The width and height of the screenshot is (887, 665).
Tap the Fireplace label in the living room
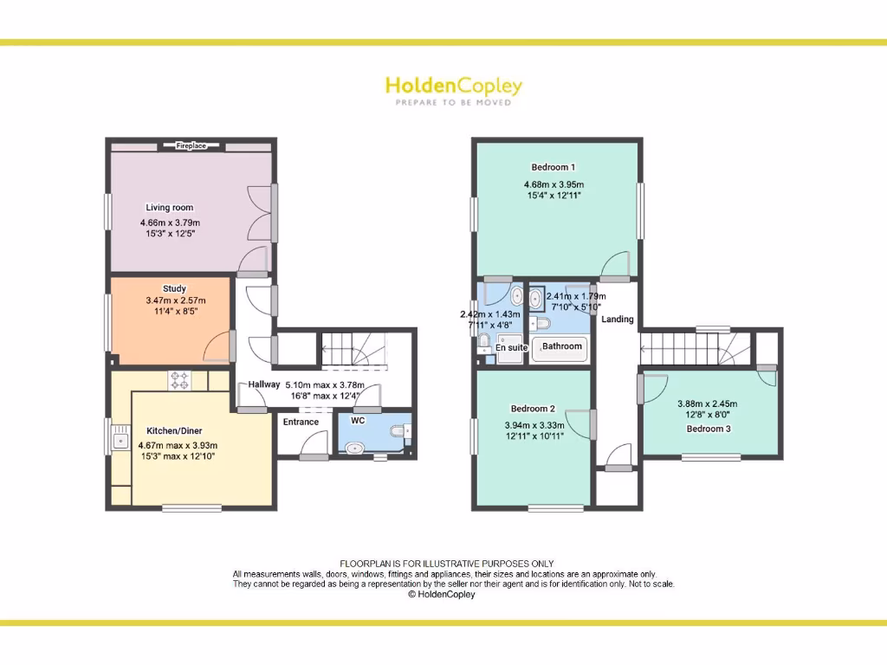pyautogui.click(x=191, y=146)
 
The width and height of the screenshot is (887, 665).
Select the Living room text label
pyautogui.click(x=170, y=208)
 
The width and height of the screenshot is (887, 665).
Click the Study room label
pyautogui.click(x=174, y=289)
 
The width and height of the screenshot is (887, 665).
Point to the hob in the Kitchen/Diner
pyautogui.click(x=180, y=380)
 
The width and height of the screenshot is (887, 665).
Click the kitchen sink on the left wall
pyautogui.click(x=119, y=440)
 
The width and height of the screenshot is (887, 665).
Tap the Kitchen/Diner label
pyautogui.click(x=174, y=430)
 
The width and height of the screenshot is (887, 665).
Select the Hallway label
pyautogui.click(x=264, y=384)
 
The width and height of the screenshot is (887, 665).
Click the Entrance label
pyautogui.click(x=301, y=423)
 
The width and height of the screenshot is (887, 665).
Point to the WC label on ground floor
pyautogui.click(x=358, y=421)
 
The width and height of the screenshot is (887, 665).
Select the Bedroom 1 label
pyautogui.click(x=553, y=167)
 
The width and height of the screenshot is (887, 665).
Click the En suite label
pyautogui.click(x=511, y=347)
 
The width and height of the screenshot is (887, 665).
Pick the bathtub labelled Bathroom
pyautogui.click(x=561, y=347)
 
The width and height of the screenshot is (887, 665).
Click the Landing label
pyautogui.click(x=618, y=320)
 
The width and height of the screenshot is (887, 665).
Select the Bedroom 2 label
pyautogui.click(x=533, y=409)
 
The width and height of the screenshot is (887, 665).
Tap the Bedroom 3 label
pyautogui.click(x=708, y=429)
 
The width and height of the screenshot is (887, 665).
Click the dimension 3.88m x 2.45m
pyautogui.click(x=708, y=404)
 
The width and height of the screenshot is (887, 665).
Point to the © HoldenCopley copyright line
pyautogui.click(x=443, y=595)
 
